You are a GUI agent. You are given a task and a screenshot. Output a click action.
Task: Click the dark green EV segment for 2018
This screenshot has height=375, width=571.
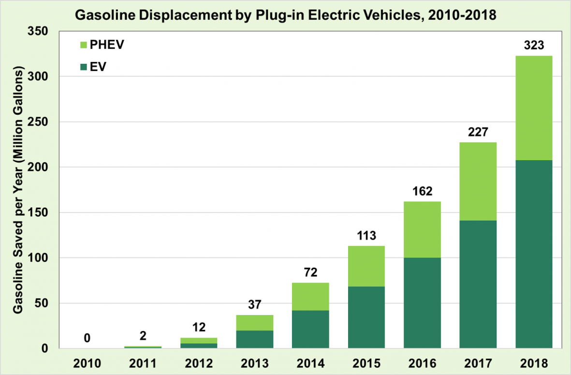pos(534,254)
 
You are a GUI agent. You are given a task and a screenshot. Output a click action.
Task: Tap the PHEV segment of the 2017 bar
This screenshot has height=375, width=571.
pos(478,181)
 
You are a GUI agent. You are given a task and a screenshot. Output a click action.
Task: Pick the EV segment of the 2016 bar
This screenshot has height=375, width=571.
pos(422,303)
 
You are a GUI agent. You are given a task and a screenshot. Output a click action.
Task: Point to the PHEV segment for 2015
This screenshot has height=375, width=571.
pos(366,266)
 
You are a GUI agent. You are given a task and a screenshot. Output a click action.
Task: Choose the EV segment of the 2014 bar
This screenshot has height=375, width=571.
pos(310,329)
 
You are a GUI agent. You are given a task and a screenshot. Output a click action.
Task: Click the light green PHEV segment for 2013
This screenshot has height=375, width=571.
pos(254,323)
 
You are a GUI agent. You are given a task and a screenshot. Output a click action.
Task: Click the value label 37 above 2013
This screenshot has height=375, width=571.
pos(254,305)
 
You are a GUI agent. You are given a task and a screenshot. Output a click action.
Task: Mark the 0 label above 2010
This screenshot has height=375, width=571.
pos(87,338)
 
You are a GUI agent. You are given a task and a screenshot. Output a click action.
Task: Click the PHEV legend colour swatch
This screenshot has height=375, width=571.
pos(82,45)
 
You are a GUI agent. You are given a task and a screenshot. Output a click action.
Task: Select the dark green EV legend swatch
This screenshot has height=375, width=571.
pos(82,67)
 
